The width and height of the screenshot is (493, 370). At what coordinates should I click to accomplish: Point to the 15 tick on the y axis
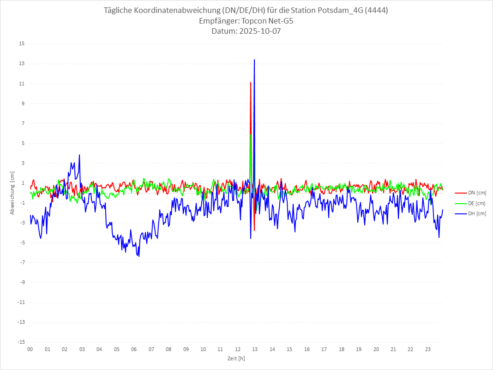click(x=22, y=44)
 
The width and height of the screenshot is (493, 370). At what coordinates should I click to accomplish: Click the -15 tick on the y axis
click(x=21, y=342)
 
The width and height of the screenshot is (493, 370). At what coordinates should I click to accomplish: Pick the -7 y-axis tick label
click(x=22, y=263)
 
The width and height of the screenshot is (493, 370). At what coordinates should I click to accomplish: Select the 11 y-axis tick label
click(x=22, y=84)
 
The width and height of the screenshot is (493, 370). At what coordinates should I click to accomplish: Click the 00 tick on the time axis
click(x=30, y=349)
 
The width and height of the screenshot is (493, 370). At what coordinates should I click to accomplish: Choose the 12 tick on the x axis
click(x=238, y=349)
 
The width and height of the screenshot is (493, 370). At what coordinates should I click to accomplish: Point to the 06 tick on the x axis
click(x=134, y=349)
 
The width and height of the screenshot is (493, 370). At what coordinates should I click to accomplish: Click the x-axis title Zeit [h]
click(x=236, y=358)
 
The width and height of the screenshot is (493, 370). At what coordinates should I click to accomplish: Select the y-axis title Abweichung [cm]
click(x=12, y=193)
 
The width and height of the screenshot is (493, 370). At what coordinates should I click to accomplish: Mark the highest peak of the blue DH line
click(x=254, y=60)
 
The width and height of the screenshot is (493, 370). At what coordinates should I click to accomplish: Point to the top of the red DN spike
click(x=251, y=82)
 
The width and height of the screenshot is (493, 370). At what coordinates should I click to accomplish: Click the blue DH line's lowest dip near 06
click(x=138, y=256)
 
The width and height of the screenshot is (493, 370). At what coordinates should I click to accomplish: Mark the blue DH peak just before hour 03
click(x=79, y=155)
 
